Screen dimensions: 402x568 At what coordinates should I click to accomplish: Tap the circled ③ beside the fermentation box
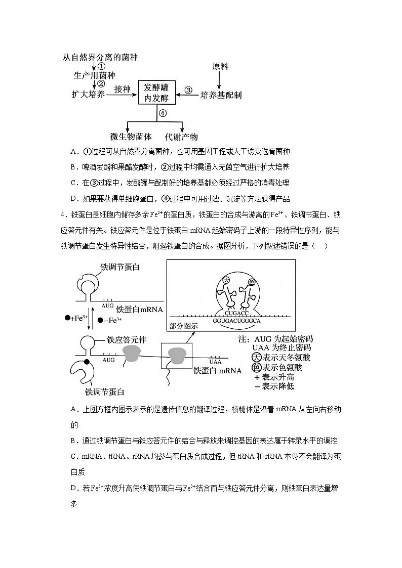click(188, 91)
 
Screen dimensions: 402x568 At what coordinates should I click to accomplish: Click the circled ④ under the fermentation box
click(162, 113)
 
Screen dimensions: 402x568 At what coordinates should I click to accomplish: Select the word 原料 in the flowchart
click(220, 66)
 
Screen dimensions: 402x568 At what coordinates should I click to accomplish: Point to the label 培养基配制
click(221, 95)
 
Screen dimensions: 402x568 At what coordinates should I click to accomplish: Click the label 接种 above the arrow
click(123, 89)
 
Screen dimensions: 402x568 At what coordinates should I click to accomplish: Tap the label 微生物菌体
click(131, 137)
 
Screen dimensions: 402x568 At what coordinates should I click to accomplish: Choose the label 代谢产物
click(181, 137)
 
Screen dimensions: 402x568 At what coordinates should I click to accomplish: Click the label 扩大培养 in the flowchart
click(89, 95)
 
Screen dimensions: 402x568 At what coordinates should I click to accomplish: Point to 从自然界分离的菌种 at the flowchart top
click(100, 57)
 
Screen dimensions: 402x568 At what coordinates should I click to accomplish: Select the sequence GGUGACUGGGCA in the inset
click(237, 321)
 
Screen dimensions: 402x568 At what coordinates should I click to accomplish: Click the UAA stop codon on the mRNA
click(215, 362)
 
